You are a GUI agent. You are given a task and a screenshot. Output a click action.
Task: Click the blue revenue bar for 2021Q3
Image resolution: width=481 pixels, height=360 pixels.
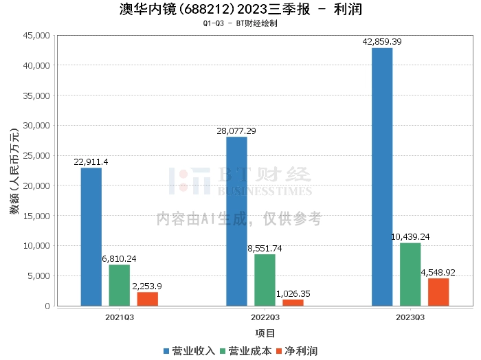91,236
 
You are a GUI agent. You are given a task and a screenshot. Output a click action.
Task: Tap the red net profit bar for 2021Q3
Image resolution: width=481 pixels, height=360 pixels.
147,299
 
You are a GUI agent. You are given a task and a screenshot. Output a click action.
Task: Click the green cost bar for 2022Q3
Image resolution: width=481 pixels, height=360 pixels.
265,280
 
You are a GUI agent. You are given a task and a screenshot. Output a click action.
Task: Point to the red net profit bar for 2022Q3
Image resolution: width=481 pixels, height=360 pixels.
293,302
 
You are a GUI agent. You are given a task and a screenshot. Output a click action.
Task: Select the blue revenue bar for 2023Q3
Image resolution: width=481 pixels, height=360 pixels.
382,177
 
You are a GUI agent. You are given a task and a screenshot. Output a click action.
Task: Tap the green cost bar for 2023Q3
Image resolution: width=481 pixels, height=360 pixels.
410,274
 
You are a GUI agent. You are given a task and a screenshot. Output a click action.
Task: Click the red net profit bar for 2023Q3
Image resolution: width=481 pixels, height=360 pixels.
438,292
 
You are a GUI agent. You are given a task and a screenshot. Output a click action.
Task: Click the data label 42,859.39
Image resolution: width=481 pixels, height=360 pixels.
382,42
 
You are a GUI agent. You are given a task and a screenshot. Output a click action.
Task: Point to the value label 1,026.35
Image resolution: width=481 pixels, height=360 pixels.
293,293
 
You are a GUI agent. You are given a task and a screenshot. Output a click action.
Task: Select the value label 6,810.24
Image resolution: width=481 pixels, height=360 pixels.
119,258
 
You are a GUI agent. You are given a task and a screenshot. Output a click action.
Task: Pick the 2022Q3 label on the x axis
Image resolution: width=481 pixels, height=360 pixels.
265,317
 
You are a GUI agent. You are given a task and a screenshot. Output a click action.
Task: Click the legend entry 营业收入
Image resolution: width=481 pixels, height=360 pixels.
189,351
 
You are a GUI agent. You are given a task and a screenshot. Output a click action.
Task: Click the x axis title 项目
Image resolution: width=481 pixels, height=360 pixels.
265,333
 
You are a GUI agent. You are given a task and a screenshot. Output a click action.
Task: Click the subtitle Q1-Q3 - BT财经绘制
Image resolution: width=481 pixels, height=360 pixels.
240,23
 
